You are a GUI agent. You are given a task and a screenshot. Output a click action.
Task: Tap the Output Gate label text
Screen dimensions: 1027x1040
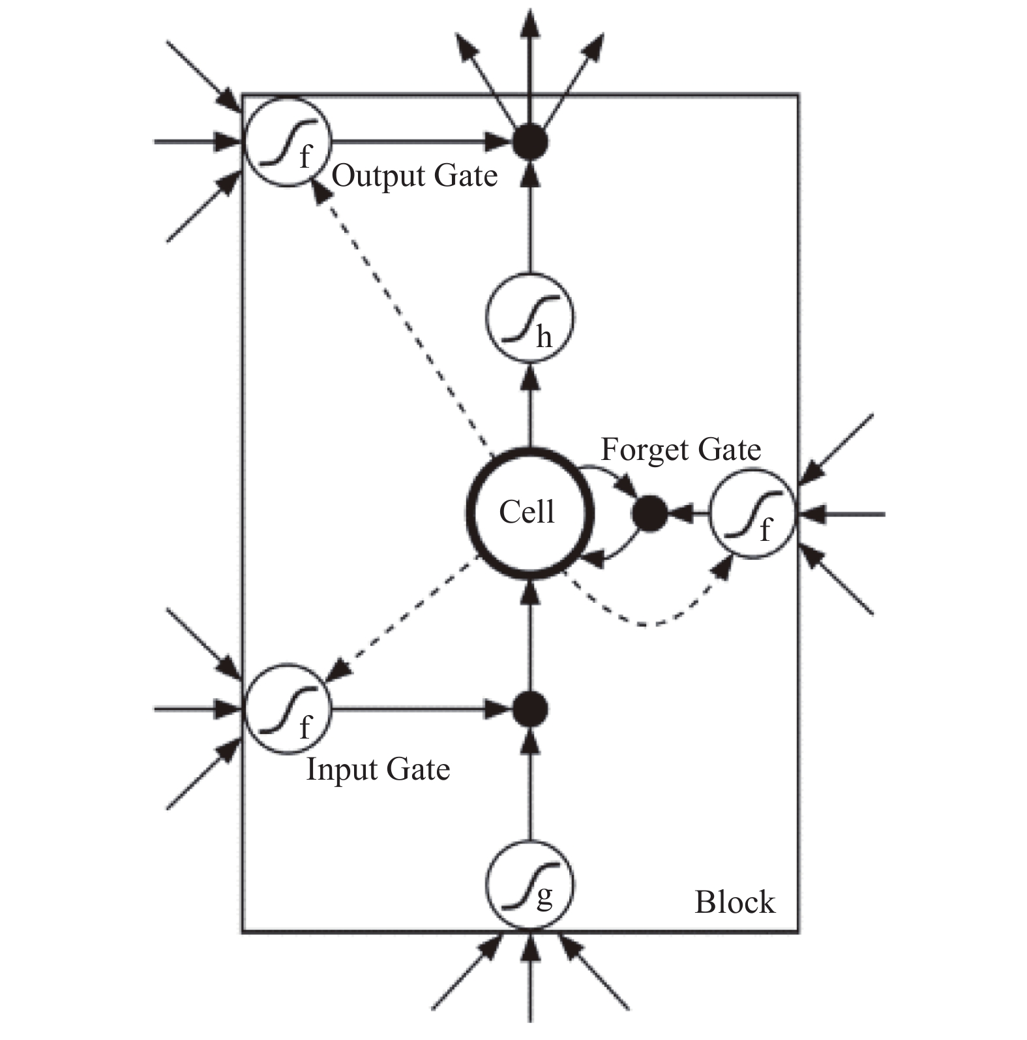[415, 176]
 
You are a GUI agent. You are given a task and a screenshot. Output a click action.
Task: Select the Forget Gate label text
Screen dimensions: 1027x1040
[681, 450]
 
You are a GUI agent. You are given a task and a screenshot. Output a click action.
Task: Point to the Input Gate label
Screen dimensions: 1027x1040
[378, 769]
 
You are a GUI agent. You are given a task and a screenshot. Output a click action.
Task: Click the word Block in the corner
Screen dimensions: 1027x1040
[735, 902]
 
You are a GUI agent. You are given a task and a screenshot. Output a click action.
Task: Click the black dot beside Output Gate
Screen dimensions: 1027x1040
[529, 142]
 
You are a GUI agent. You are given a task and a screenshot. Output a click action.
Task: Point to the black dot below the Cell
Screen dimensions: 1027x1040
[529, 709]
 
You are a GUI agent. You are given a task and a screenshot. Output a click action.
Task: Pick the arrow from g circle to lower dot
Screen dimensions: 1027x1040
[530, 783]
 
